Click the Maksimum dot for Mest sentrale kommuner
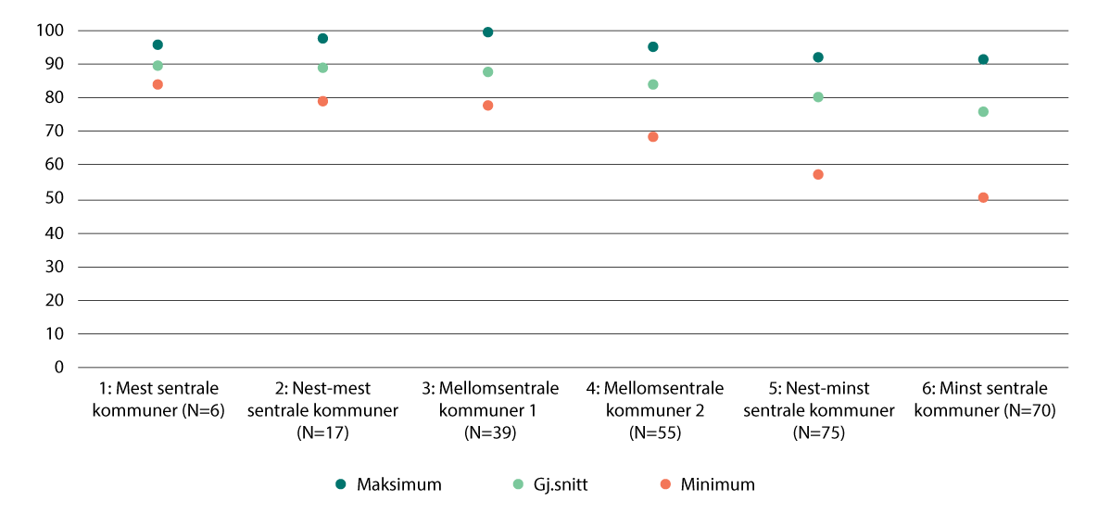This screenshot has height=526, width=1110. pos(158,44)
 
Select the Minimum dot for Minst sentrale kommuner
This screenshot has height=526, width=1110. pos(983,197)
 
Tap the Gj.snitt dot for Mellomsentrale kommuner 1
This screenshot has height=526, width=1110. pos(488,71)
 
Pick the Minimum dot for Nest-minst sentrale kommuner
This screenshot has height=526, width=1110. pos(818,174)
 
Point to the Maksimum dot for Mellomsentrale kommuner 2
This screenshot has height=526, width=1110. pos(653,46)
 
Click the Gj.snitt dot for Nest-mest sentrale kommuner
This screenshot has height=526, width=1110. pos(323,68)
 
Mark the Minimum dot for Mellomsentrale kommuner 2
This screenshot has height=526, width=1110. pos(653,136)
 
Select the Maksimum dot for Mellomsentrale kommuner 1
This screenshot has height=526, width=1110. pos(488,32)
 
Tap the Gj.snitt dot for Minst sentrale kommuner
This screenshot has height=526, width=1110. pos(983,111)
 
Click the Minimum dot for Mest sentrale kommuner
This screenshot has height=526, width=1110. pos(158,84)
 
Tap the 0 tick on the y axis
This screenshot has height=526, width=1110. pos(58,367)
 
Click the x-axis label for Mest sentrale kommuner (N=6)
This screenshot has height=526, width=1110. pos(158,399)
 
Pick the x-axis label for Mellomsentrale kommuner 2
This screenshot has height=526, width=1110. pos(653,409)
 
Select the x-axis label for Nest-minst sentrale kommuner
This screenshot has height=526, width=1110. pos(818,409)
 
